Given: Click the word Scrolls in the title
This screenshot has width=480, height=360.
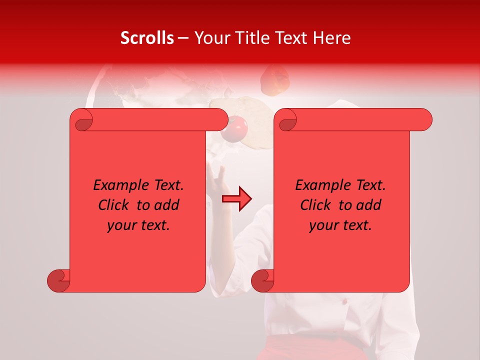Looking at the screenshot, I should [147, 38].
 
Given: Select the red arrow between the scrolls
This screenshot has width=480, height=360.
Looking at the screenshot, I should [237, 199].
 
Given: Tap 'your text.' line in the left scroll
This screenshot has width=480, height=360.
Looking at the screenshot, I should [138, 225].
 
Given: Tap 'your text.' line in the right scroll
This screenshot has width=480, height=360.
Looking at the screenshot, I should [340, 225].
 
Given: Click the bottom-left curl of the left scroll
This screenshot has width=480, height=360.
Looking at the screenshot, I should [58, 280].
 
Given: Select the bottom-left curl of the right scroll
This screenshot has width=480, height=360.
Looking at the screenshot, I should [262, 280].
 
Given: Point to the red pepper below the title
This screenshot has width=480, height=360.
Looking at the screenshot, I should [275, 80].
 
